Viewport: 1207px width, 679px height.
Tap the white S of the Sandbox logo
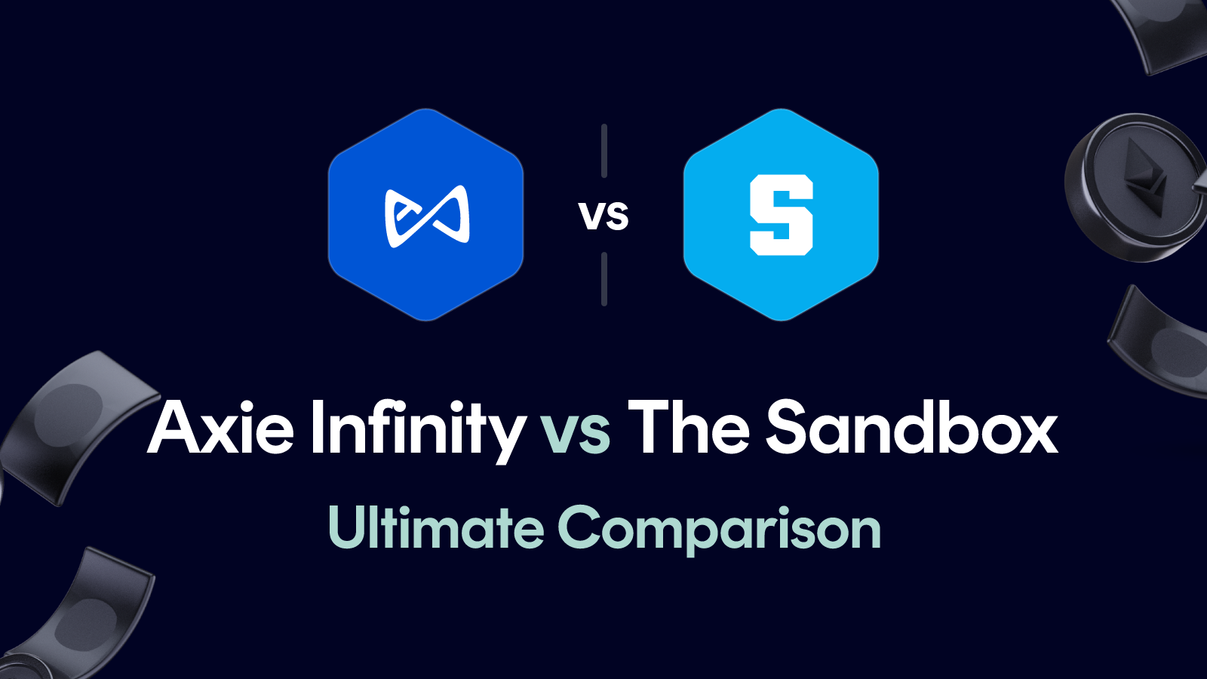782,215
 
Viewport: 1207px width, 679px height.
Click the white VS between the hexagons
603,217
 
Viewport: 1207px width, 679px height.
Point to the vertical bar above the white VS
604,151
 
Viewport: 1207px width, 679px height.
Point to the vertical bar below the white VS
604,279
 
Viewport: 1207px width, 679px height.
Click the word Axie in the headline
221,429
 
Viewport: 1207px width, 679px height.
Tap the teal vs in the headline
576,435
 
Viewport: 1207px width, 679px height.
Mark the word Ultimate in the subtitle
436,527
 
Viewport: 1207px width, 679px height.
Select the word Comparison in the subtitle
719,530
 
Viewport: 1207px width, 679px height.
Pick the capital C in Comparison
581,527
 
